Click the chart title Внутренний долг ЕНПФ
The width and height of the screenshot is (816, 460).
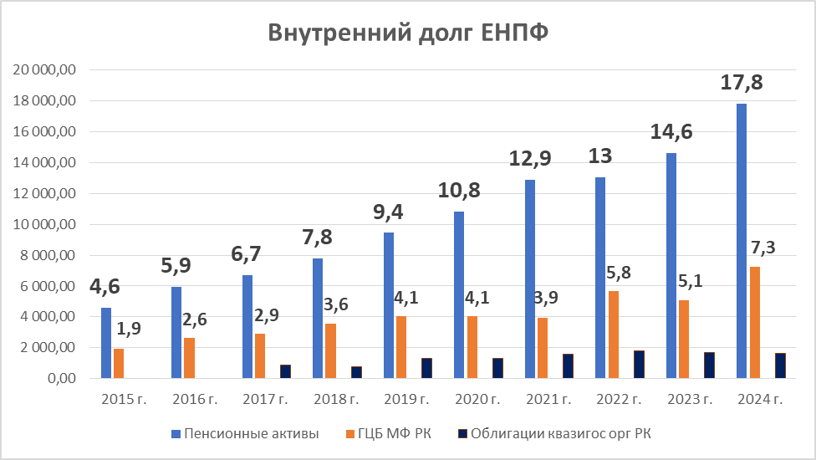coord(408,33)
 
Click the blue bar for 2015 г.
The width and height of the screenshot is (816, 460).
coord(105,343)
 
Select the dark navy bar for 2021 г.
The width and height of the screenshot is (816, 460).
coord(568,366)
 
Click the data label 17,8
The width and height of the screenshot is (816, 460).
coord(742,84)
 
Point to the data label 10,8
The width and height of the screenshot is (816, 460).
coord(458,192)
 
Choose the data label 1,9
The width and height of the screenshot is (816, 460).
coord(129,329)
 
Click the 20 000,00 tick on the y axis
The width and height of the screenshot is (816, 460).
coord(44,70)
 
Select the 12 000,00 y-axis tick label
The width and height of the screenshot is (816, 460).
coord(44,193)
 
